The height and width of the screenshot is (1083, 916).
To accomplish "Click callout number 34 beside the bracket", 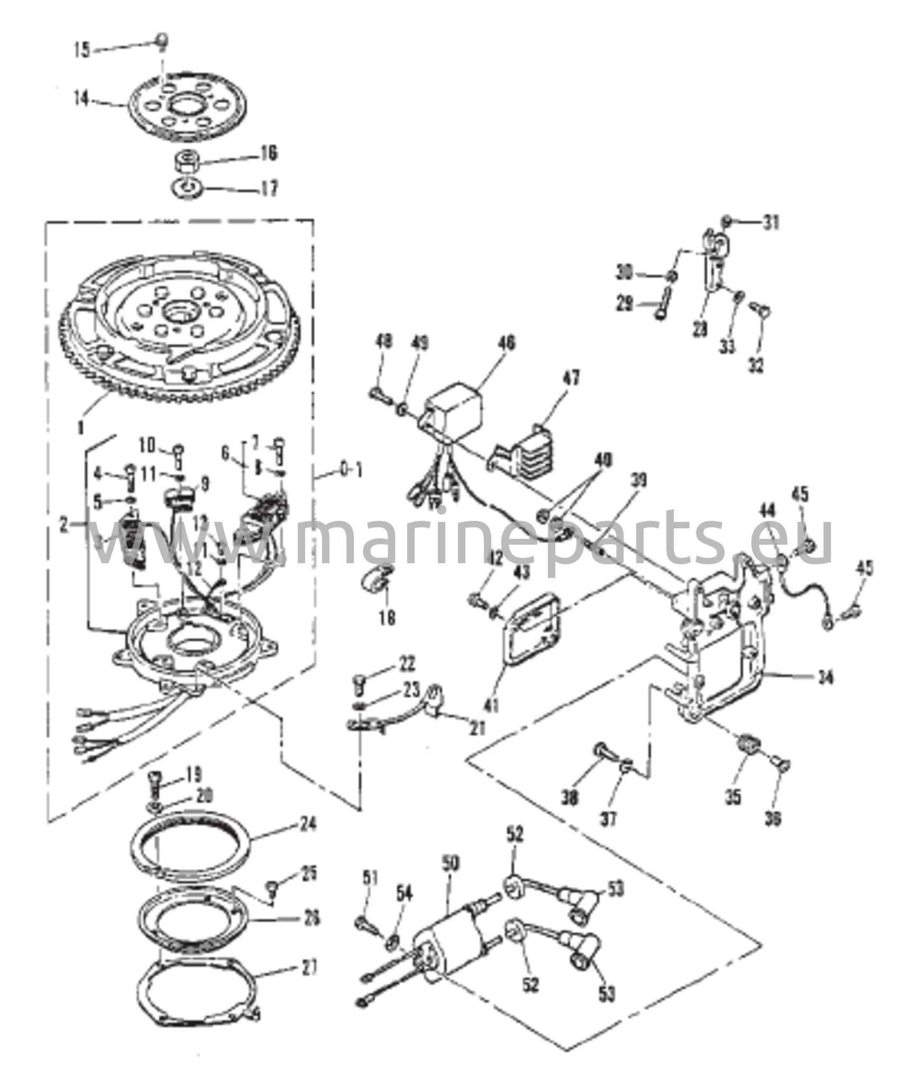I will click(x=825, y=677).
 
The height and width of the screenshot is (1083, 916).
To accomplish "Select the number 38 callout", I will click(x=570, y=798).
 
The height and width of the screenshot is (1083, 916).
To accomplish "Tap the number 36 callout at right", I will click(x=773, y=819).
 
